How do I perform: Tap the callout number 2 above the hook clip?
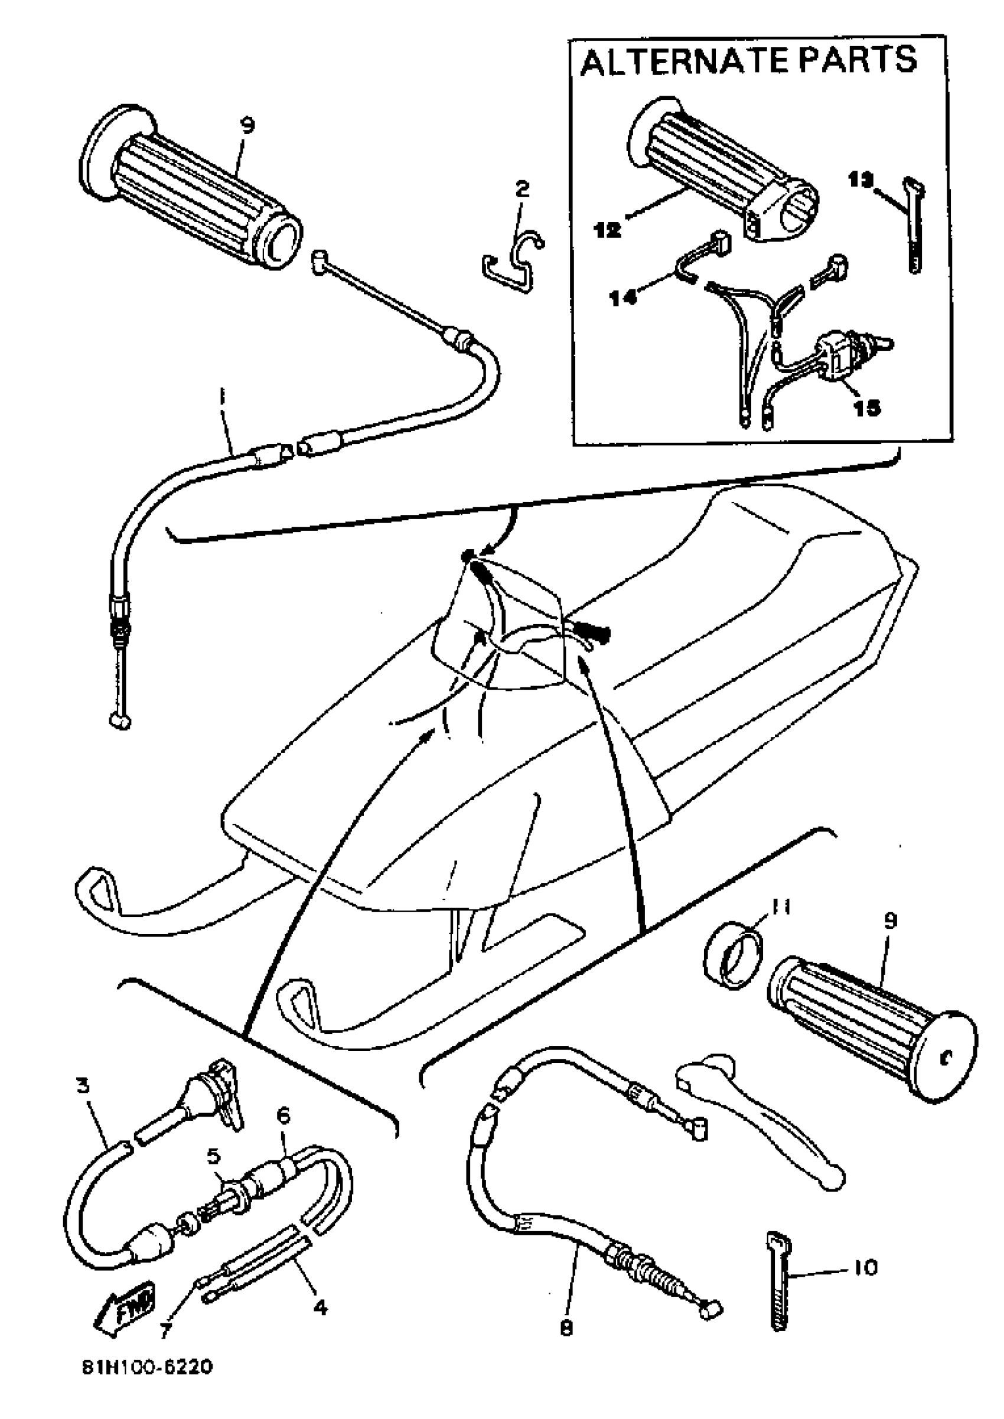pyautogui.click(x=523, y=188)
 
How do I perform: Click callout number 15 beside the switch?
pyautogui.click(x=867, y=408)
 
